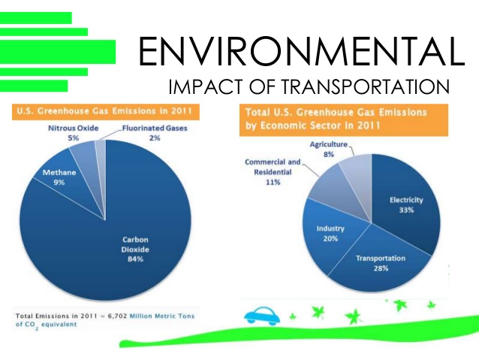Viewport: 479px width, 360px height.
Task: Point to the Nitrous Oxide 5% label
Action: pyautogui.click(x=62, y=132)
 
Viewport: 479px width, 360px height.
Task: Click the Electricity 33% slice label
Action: pyautogui.click(x=406, y=205)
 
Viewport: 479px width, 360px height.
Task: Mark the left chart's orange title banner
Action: pyautogui.click(x=105, y=111)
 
